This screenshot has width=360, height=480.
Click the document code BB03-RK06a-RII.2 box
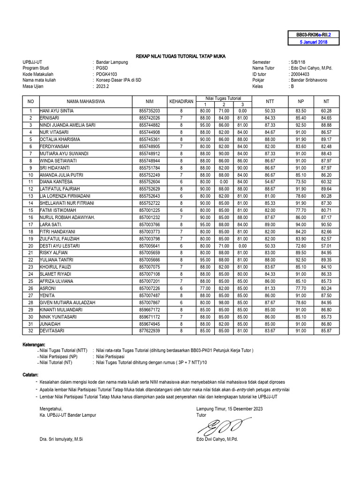tap(314, 35)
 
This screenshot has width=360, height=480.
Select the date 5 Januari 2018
tap(314, 42)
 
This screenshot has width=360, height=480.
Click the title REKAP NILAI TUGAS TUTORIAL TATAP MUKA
tap(180, 56)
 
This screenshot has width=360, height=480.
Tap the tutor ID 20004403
tap(300, 74)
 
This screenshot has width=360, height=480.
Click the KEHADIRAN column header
tap(181, 101)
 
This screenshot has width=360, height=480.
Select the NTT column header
tap(270, 101)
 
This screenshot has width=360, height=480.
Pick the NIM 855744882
tap(149, 125)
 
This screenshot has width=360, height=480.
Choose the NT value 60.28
tap(326, 111)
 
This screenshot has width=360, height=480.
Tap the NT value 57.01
tap(326, 245)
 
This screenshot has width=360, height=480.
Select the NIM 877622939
tap(149, 331)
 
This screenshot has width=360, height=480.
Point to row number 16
tap(30, 217)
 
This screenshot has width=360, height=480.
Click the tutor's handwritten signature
tap(219, 426)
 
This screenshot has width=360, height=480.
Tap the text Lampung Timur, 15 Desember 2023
tap(230, 409)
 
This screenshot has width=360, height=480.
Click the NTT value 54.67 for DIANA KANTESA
tap(270, 181)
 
